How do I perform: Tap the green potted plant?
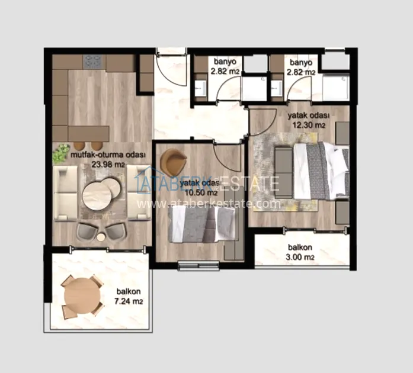[61, 153]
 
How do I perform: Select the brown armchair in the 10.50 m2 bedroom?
[173, 161]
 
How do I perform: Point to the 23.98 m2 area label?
[108, 165]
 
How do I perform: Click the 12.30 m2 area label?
[309, 125]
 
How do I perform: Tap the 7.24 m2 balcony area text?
[129, 301]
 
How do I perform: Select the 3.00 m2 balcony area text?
[300, 256]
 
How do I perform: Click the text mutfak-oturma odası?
[108, 155]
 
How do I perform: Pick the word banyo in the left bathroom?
[225, 62]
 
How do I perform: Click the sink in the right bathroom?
[277, 88]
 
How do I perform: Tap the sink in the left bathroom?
[201, 88]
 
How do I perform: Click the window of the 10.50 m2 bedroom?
[199, 265]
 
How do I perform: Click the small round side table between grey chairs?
[101, 237]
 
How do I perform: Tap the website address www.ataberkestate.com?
[209, 204]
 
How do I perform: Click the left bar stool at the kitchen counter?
[79, 146]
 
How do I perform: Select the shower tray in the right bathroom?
[335, 88]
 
